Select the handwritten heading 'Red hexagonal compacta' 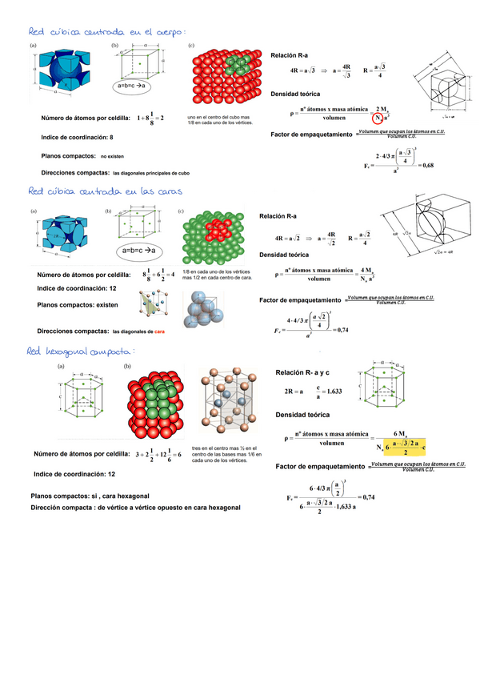[80, 351]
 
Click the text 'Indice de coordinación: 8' [74, 137]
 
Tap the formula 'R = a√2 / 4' [359, 238]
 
